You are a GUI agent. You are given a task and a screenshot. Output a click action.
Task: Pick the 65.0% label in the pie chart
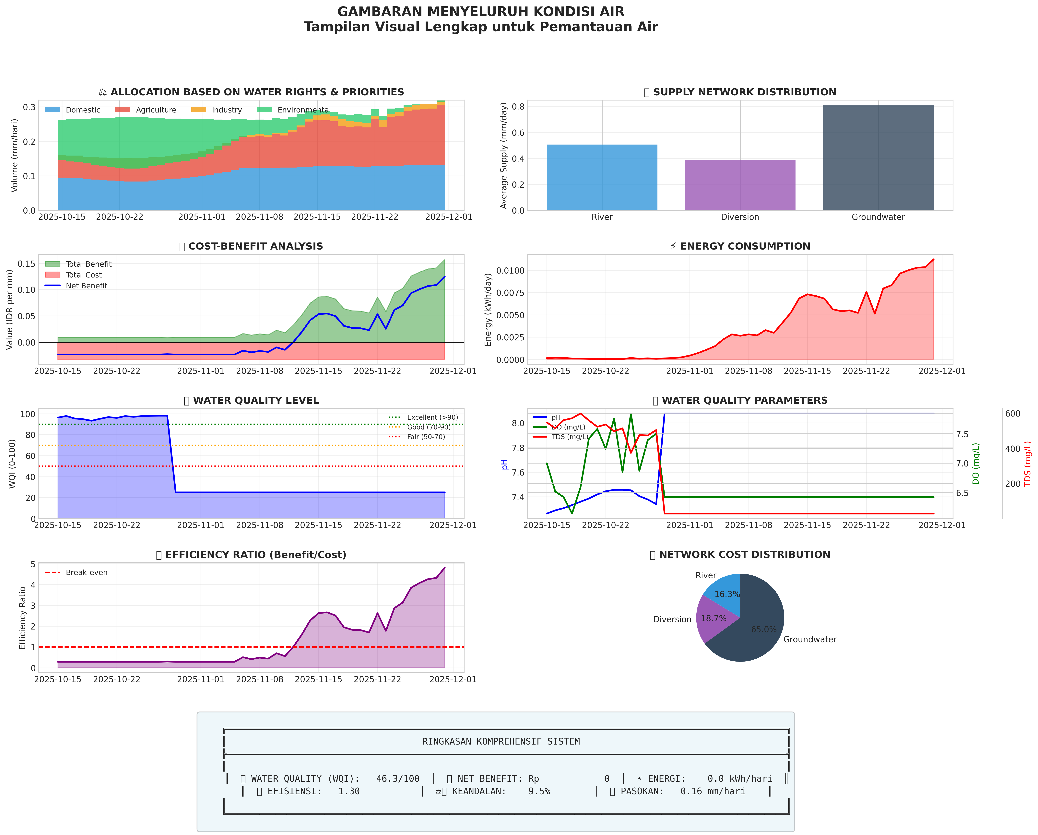coord(764,629)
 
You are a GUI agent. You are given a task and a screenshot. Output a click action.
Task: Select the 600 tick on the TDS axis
coord(1012,414)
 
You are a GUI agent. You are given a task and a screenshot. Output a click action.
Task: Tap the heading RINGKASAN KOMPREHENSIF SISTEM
coord(501,742)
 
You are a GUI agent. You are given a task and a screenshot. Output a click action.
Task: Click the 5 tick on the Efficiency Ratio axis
coord(33,564)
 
